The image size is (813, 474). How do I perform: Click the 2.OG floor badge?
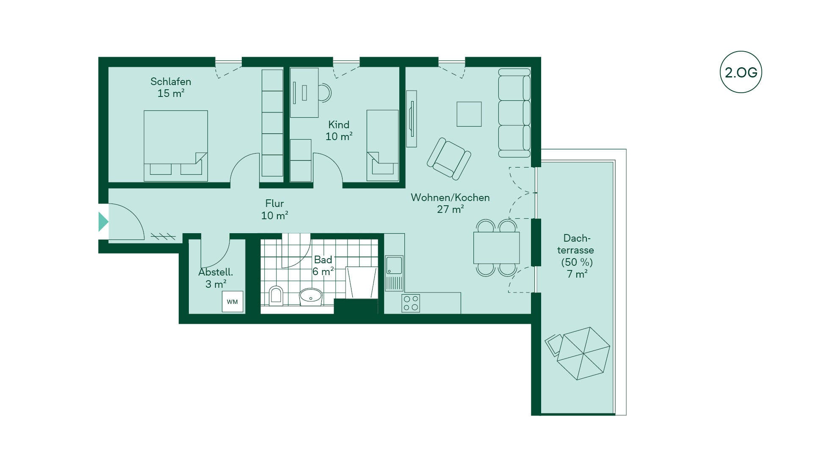tap(741, 72)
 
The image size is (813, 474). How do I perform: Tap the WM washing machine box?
tap(232, 302)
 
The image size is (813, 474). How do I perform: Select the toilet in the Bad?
tap(276, 296)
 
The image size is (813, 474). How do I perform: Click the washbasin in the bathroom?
tap(311, 297)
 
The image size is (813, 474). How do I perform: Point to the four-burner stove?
tap(411, 303)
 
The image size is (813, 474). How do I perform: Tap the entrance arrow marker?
tap(103, 222)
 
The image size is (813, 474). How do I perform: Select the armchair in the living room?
tap(449, 159)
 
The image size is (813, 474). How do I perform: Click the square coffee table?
tap(469, 114)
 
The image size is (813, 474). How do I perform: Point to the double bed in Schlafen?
tap(176, 146)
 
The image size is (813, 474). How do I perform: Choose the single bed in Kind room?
tap(382, 146)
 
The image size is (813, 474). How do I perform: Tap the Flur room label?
tap(274, 209)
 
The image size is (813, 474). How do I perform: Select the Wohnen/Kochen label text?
tap(450, 203)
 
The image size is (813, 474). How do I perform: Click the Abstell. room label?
tap(216, 278)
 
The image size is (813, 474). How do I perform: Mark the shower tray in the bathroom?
tap(361, 283)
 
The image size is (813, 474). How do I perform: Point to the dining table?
tap(496, 248)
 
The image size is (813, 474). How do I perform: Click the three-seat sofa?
tap(514, 113)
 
